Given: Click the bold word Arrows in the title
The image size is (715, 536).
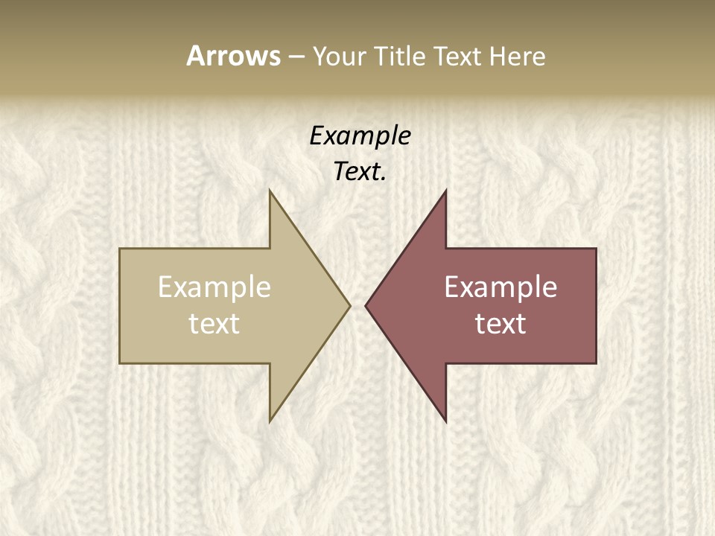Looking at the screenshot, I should tap(233, 56).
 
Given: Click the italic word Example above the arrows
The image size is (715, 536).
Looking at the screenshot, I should tap(360, 135).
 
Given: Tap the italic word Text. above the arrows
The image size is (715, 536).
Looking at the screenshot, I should tap(359, 172).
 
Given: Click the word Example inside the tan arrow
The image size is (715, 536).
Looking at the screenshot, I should tap(214, 287).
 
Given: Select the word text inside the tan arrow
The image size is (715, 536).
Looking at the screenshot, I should tap(214, 324).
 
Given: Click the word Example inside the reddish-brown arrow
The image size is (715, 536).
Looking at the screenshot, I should tap(500, 287).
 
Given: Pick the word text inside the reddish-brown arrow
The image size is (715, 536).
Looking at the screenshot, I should tap(500, 324).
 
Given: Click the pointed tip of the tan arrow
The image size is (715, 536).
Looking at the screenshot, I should tap(349, 305).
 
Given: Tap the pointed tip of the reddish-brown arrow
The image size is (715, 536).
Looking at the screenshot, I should tap(366, 305).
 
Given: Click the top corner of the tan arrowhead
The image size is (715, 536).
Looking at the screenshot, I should tap(270, 191).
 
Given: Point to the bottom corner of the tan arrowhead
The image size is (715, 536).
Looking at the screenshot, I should tap(270, 421).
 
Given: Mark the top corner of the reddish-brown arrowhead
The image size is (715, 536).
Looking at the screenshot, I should tap(445, 191).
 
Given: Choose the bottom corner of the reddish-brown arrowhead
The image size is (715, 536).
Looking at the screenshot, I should tap(445, 421).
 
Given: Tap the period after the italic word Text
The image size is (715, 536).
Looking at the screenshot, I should tap(384, 179).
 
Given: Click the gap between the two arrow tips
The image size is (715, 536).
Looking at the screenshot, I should tap(357, 305).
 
